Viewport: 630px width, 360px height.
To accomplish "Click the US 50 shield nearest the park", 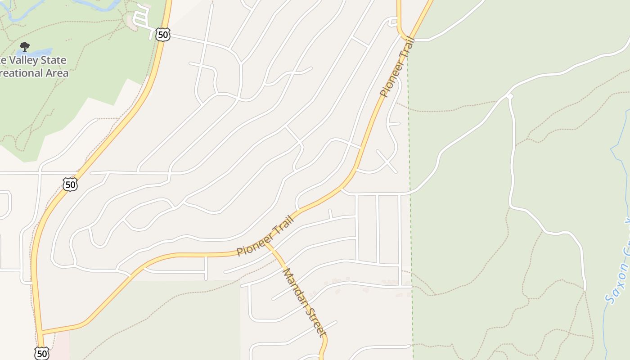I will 163,34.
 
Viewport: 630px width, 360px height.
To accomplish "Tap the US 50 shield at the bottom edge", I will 41,353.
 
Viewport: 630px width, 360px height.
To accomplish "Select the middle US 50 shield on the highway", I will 70,184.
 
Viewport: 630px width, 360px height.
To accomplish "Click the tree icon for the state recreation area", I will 25,46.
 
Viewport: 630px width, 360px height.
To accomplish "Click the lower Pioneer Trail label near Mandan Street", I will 265,236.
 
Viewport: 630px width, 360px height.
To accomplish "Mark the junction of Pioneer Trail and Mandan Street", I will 265,244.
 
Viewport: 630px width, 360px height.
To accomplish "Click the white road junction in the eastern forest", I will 509,96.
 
